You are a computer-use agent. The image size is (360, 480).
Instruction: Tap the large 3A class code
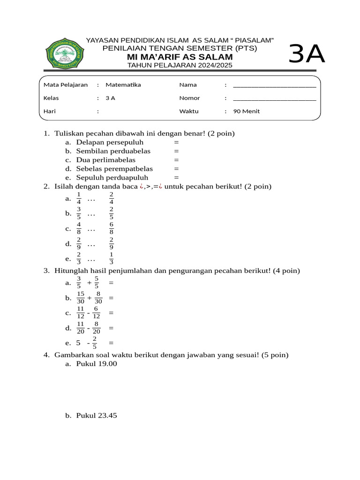click(307, 54)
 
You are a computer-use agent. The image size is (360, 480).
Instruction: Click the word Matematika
click(123, 85)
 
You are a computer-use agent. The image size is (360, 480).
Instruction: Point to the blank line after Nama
click(274, 85)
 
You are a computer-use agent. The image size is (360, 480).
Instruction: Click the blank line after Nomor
click(274, 98)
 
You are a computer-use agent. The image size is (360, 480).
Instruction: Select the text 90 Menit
click(247, 112)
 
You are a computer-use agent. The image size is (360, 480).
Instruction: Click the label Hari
click(50, 112)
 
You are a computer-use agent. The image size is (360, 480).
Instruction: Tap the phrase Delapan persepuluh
click(110, 142)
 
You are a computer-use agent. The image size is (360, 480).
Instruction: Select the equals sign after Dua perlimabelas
click(176, 160)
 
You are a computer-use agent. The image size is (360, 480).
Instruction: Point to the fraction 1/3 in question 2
click(112, 258)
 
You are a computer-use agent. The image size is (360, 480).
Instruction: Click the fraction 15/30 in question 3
click(80, 298)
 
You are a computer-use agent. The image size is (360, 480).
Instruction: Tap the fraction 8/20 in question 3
click(96, 328)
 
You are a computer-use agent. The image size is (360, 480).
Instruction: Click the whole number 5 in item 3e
click(78, 343)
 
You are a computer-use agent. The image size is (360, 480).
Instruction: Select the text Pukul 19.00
click(97, 364)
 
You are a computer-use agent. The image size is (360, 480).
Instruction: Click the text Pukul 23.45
click(97, 416)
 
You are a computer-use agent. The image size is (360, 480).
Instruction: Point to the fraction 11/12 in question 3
click(80, 313)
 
